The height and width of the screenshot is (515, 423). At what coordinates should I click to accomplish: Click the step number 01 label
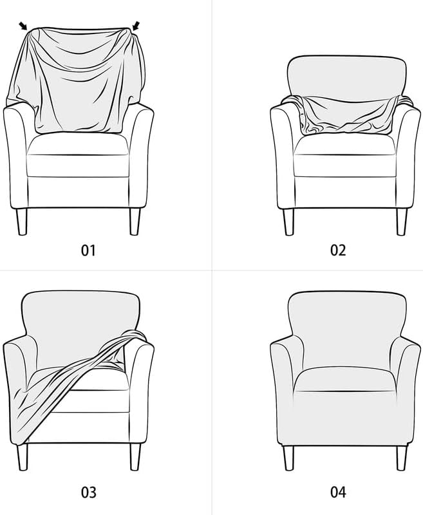point(88,250)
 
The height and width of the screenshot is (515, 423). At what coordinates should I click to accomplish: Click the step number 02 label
point(338,250)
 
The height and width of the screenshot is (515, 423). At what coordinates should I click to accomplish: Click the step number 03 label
point(88,492)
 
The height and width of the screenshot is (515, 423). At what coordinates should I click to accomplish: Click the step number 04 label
point(338,492)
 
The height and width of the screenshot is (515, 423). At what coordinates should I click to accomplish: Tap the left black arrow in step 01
point(24,26)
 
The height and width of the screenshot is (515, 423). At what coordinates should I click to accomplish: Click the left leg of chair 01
point(23,221)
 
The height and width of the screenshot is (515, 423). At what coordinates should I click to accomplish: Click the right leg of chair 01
point(135,221)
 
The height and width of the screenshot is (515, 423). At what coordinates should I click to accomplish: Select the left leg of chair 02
point(289,221)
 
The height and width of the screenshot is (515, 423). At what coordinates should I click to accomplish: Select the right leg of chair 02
point(401,221)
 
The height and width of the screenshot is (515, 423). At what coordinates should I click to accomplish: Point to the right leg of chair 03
point(135,456)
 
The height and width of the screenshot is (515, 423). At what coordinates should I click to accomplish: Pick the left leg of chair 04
point(289,456)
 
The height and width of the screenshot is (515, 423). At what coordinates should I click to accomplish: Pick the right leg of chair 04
point(401,456)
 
